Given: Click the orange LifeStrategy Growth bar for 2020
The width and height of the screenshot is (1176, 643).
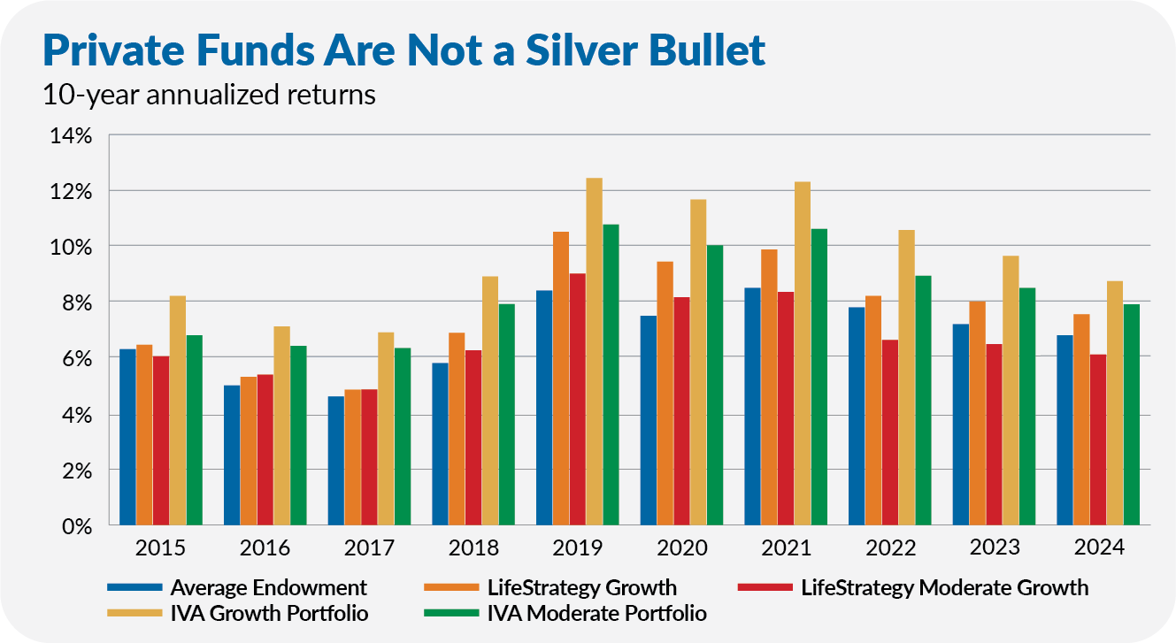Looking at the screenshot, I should pyautogui.click(x=664, y=394).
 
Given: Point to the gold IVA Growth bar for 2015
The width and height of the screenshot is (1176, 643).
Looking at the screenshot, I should pyautogui.click(x=177, y=410).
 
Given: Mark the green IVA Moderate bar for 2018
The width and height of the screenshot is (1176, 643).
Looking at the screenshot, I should pyautogui.click(x=505, y=415).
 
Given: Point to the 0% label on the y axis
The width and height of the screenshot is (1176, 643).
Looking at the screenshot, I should pyautogui.click(x=77, y=526).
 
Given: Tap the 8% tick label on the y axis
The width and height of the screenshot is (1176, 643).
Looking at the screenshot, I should pyautogui.click(x=77, y=303).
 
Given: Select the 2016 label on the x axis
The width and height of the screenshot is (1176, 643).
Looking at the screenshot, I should pyautogui.click(x=265, y=548).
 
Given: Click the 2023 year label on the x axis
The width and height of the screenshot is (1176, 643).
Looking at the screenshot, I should pyautogui.click(x=995, y=548).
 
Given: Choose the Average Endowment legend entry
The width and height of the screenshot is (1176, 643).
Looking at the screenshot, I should pyautogui.click(x=268, y=587).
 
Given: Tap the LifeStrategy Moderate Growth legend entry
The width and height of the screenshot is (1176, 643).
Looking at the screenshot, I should pyautogui.click(x=944, y=587).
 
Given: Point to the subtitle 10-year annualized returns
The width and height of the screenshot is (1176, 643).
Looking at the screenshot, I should pyautogui.click(x=209, y=96).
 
